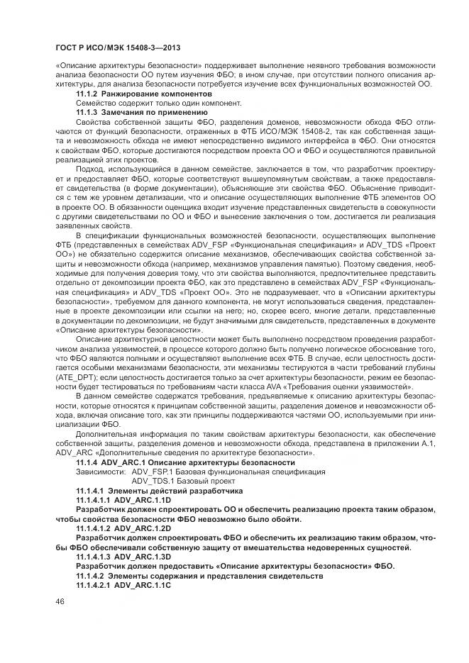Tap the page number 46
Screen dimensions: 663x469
[59, 601]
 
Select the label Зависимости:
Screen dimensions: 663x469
[99, 472]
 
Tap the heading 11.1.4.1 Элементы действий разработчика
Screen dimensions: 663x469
[160, 491]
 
